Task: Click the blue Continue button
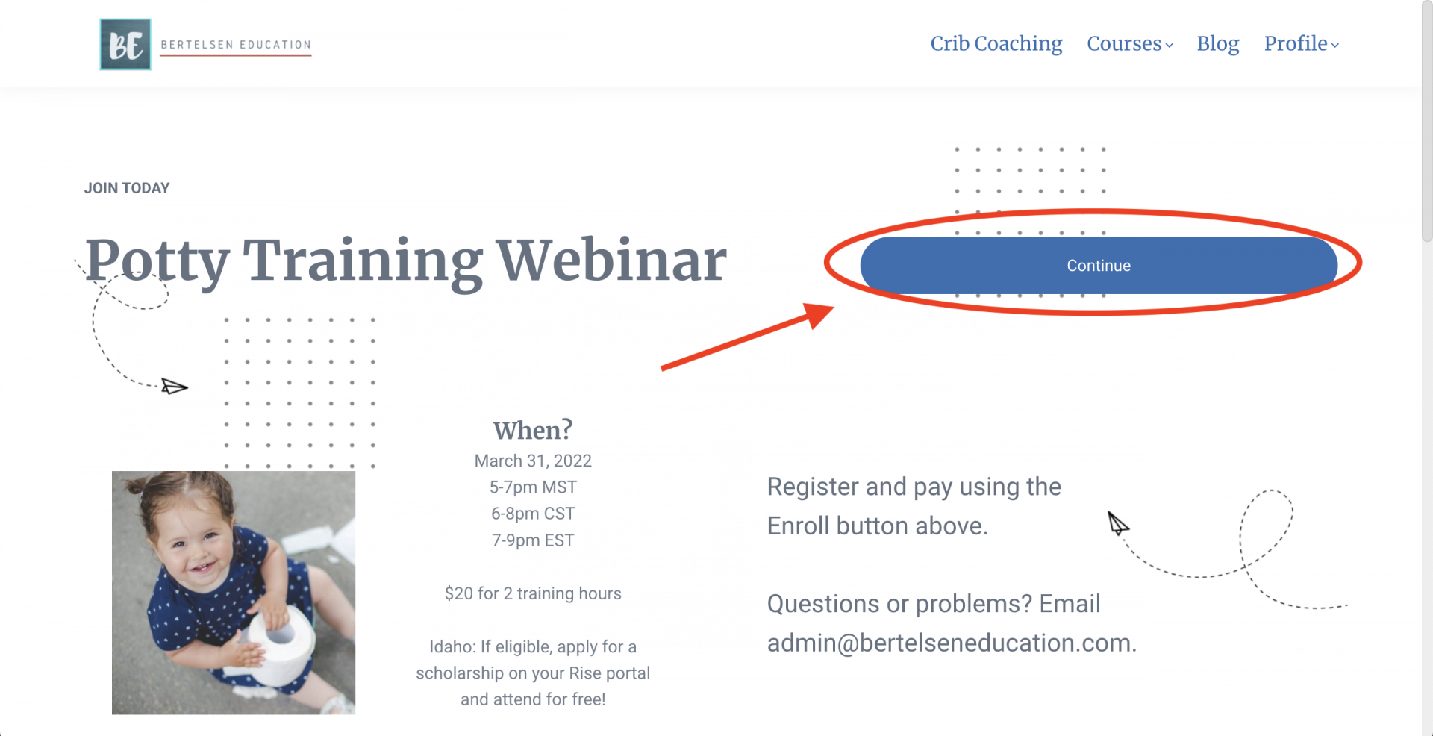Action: [1099, 265]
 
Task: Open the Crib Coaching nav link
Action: [996, 44]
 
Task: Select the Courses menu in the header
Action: [1130, 44]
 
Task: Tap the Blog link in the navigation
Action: [1218, 44]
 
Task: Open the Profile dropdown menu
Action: [1301, 44]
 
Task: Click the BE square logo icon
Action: [125, 45]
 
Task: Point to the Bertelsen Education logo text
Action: [236, 45]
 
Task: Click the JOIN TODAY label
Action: [127, 188]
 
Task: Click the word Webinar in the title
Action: [611, 261]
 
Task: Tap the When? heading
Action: [533, 430]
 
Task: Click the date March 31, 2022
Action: [533, 461]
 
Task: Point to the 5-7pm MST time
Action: [533, 487]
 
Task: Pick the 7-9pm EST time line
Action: [533, 540]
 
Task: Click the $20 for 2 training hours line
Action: [533, 593]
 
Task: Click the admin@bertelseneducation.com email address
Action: [952, 643]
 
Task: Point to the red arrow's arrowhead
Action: [819, 314]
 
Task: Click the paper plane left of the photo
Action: [175, 387]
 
